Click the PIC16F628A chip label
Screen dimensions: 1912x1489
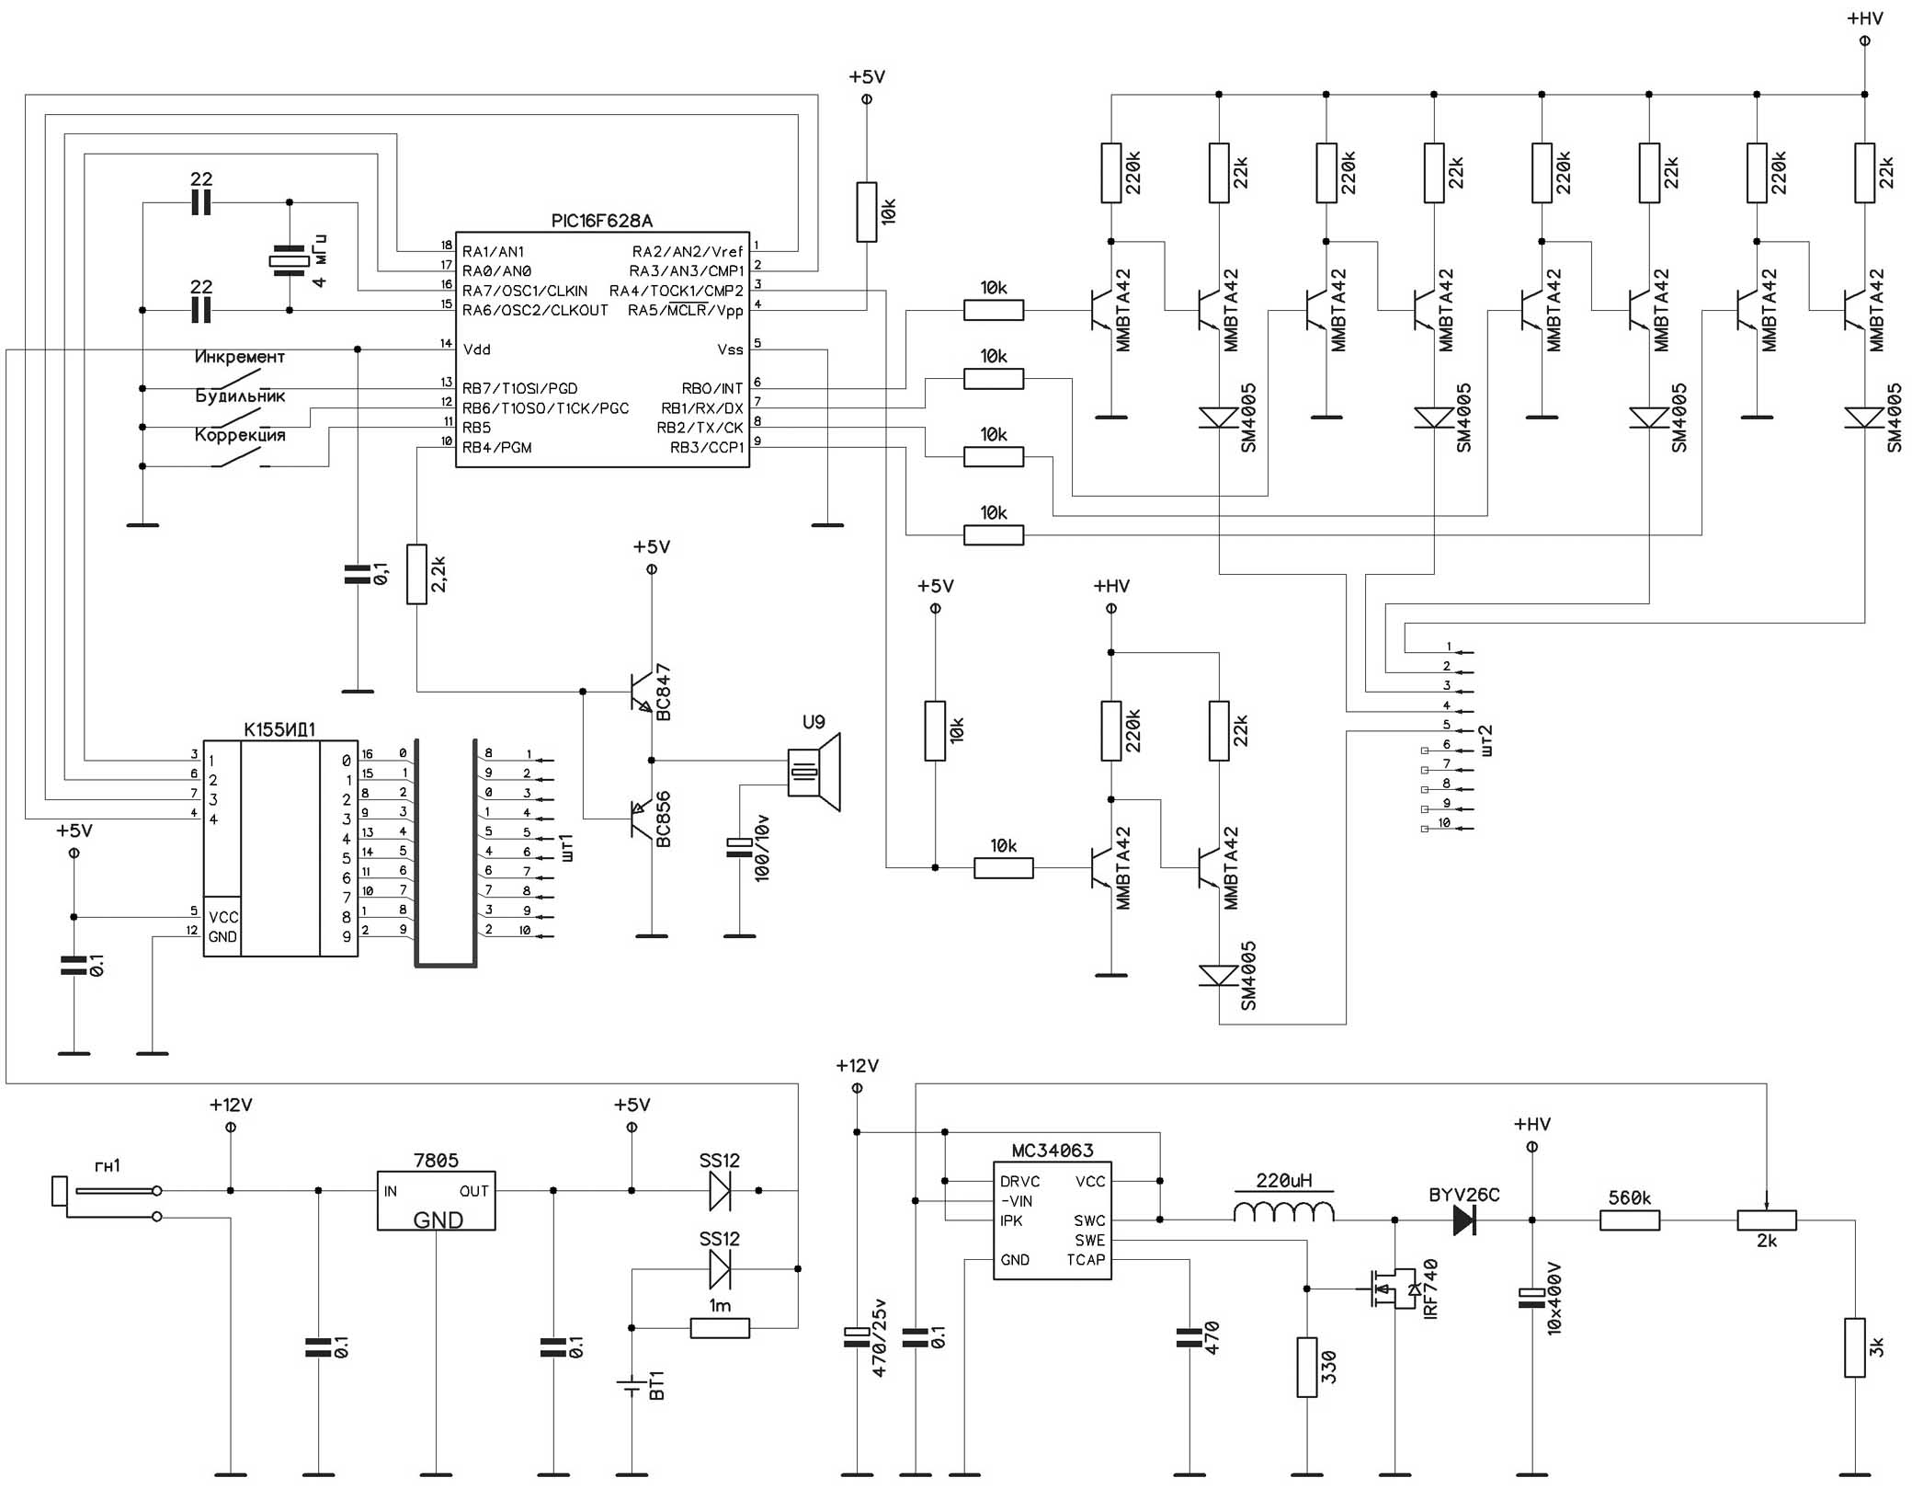click(601, 221)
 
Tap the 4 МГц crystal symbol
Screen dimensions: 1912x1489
click(289, 261)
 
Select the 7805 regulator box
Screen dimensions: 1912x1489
click(436, 1200)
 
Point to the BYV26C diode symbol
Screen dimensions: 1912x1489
click(1464, 1220)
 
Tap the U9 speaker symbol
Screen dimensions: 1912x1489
click(814, 773)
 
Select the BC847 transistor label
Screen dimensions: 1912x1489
click(663, 693)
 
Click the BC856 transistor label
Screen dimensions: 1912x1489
click(663, 819)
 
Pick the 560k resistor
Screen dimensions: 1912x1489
click(1630, 1220)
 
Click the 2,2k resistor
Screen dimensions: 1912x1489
click(416, 574)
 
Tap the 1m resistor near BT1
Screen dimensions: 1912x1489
click(720, 1327)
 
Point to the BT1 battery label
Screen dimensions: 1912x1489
click(656, 1385)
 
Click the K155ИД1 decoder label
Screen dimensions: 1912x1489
click(279, 729)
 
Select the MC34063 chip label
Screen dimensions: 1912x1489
click(1053, 1151)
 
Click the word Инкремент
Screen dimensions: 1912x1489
click(239, 357)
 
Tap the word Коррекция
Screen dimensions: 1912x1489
click(240, 435)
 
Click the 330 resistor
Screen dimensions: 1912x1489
click(1307, 1368)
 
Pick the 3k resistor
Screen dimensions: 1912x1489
click(1855, 1347)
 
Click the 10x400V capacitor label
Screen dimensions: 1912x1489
click(1554, 1299)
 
